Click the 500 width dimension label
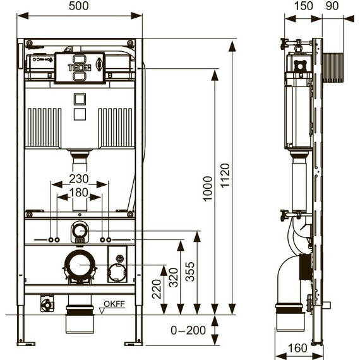pyautogui.click(x=78, y=6)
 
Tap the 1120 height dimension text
pyautogui.click(x=225, y=176)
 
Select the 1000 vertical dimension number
pyautogui.click(x=208, y=189)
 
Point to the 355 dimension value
pyautogui.click(x=190, y=272)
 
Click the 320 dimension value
pyautogui.click(x=174, y=277)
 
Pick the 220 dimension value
pyautogui.click(x=157, y=289)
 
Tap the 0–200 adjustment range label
pyautogui.click(x=188, y=330)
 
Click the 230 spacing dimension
pyautogui.click(x=79, y=179)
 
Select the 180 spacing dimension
pyautogui.click(x=79, y=193)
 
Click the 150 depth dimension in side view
pyautogui.click(x=304, y=6)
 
